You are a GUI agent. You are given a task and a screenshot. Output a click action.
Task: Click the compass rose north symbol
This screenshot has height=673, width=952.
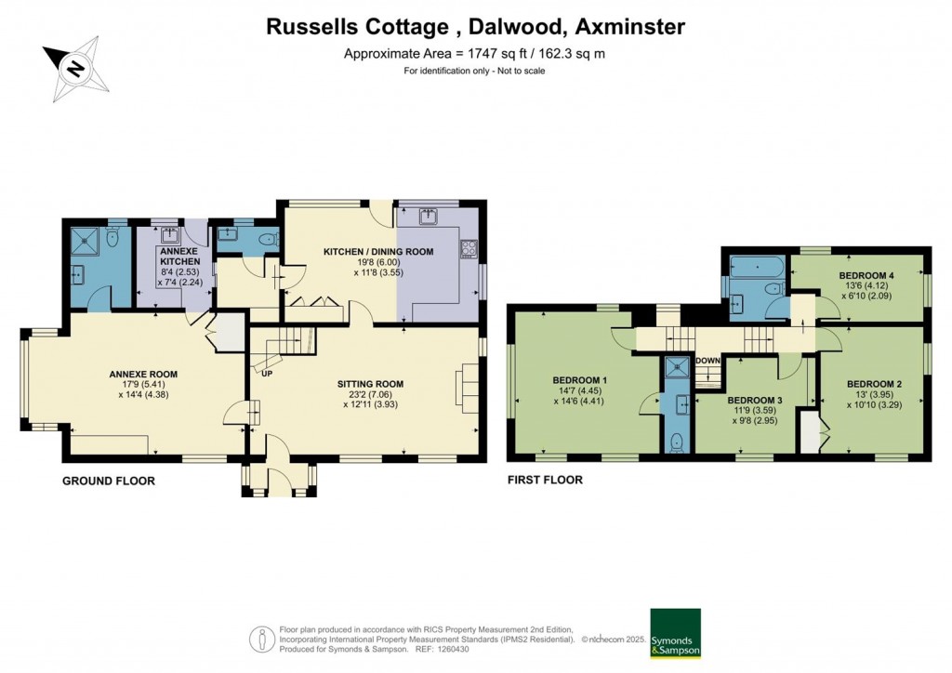[x=75, y=68]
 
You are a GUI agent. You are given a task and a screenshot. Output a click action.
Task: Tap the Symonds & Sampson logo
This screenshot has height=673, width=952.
[x=675, y=634]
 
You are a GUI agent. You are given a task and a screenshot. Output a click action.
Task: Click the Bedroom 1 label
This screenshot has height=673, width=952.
[x=579, y=380]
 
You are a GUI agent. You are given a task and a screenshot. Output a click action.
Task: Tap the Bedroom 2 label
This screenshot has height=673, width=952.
[x=875, y=383]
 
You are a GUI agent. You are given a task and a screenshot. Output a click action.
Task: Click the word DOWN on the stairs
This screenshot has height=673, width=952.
[x=707, y=361]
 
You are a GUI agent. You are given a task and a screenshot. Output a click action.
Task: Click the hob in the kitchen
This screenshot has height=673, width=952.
[x=469, y=248]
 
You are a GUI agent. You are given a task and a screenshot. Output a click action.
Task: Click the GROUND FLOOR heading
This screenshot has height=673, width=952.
[x=108, y=481]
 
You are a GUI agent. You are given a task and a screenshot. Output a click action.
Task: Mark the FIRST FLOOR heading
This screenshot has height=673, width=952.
[x=545, y=481]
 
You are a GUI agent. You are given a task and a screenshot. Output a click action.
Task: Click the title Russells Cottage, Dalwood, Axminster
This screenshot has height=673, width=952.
[x=475, y=27]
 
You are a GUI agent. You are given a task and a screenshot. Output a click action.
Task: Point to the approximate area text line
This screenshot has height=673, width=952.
[x=475, y=54]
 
